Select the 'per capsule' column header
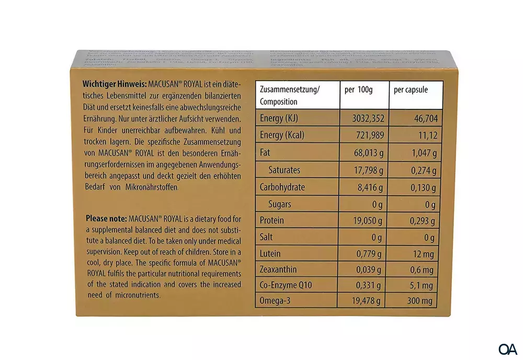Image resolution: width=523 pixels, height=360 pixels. (411, 89)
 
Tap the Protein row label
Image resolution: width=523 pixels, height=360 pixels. (272, 220)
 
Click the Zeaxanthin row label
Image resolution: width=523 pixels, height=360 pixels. (278, 270)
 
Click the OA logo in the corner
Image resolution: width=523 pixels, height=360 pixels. (507, 348)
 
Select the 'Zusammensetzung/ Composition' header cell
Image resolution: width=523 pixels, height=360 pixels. (290, 95)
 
